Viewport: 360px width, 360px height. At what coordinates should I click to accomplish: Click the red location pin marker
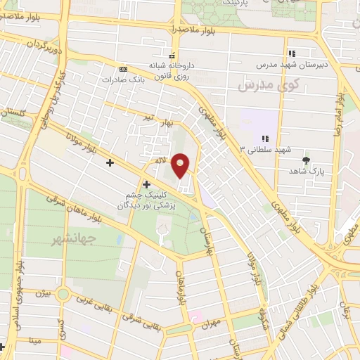click(x=181, y=165)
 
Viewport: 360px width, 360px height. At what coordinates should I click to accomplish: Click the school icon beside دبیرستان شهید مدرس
click(x=291, y=53)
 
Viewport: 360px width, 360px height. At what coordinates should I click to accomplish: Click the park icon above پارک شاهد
click(x=305, y=160)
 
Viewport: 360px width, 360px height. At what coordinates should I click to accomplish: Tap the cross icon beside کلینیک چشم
click(x=146, y=184)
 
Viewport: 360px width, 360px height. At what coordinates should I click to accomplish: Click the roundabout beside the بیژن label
click(x=63, y=295)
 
